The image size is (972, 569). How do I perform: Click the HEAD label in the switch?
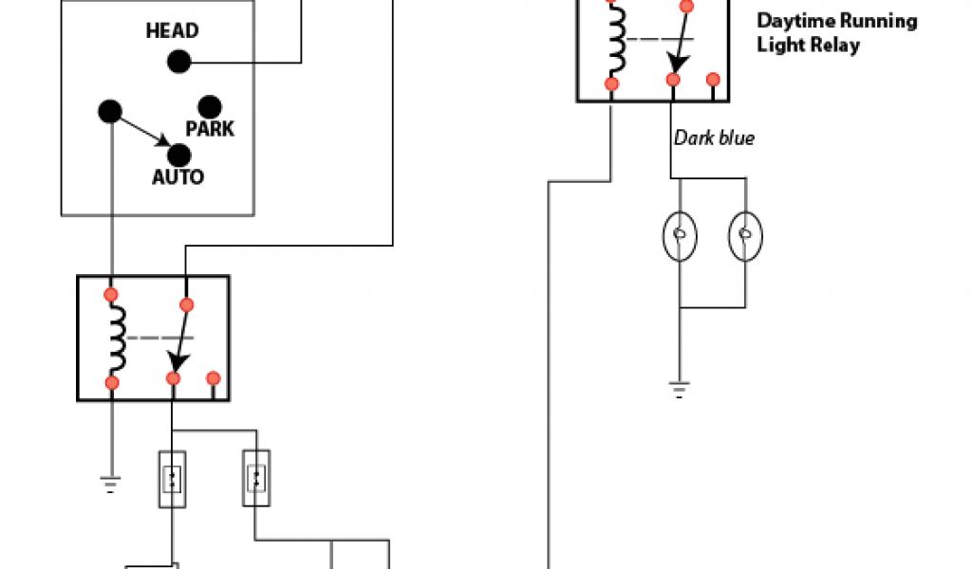point(172,30)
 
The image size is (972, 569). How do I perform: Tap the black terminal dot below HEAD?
point(178,63)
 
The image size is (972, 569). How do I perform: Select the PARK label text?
point(210,128)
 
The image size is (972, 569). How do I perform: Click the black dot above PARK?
point(209,106)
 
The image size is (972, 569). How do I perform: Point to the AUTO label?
point(178,176)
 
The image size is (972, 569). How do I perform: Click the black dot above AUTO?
point(178,155)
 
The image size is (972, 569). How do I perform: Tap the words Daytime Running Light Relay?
point(836,32)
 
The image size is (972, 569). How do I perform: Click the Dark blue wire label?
point(714,138)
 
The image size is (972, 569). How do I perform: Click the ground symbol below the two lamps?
point(680,387)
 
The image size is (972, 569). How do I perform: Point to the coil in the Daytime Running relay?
point(618,42)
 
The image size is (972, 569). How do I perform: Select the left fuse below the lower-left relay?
point(172,478)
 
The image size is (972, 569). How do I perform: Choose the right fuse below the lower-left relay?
point(256,478)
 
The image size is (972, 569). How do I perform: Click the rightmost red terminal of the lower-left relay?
point(214,378)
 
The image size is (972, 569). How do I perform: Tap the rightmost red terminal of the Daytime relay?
point(713,80)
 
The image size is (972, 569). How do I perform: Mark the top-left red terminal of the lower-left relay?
point(112,294)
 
